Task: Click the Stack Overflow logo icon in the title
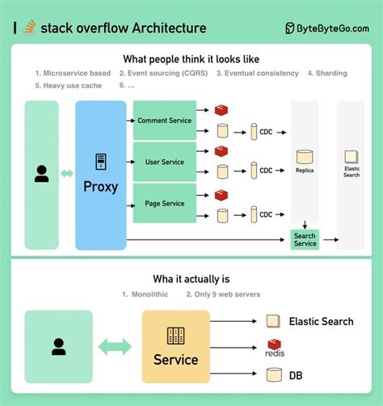[x=29, y=28]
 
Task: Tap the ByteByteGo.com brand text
[x=334, y=28]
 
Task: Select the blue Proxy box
[x=101, y=175]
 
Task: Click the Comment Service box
[x=164, y=121]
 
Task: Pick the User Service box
[x=164, y=162]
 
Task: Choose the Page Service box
[x=164, y=204]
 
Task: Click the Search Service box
[x=305, y=239]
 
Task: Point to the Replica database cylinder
[x=305, y=155]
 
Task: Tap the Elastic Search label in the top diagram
[x=351, y=171]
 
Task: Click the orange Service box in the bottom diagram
[x=175, y=347]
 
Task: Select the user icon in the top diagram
[x=41, y=173]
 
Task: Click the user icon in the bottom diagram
[x=58, y=347]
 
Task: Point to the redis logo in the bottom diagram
[x=275, y=348]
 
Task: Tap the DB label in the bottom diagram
[x=297, y=374]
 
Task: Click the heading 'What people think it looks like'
[x=191, y=59]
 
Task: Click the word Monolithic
[x=149, y=294]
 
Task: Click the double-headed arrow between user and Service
[x=115, y=347]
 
